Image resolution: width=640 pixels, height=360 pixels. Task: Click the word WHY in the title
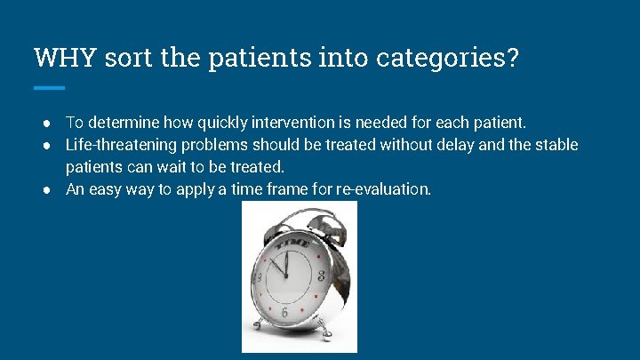[65, 59]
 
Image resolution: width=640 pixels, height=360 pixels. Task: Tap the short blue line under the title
[49, 88]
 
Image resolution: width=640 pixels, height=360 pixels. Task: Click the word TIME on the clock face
[292, 243]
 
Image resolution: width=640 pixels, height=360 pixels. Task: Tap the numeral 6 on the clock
[284, 313]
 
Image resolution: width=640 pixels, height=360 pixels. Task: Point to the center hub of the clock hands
[286, 278]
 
